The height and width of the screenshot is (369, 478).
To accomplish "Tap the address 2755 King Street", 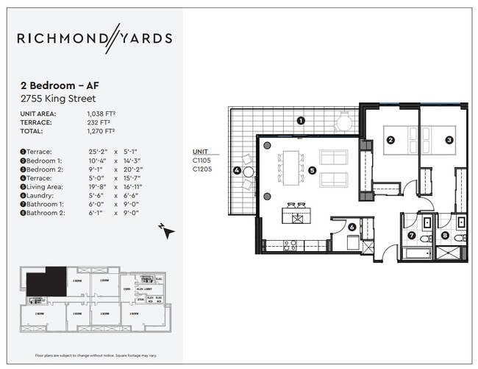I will tap(59, 99).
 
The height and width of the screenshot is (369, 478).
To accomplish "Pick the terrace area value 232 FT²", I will tap(98, 122).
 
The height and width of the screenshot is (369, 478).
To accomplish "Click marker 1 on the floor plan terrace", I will tap(300, 121).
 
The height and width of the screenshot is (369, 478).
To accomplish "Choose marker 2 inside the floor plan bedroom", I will tap(391, 140).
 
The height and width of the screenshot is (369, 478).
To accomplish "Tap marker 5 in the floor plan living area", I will tap(313, 170).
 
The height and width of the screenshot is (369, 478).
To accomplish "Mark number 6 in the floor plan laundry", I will tap(352, 228).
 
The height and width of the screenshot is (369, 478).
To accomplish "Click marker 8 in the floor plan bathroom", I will tap(446, 236).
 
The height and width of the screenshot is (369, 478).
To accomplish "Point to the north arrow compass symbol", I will tap(168, 231).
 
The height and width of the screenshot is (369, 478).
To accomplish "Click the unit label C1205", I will tap(202, 169).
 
